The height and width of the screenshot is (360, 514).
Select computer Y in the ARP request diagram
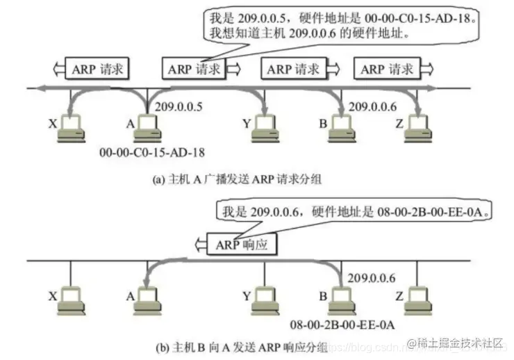[264, 126]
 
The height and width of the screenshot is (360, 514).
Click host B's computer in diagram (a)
[341, 126]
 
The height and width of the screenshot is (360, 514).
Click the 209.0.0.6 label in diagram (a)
[372, 107]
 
